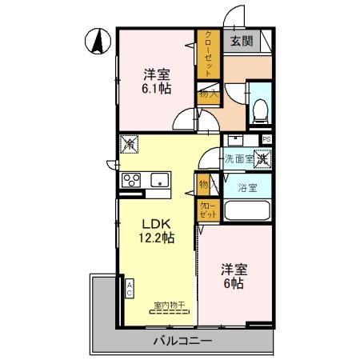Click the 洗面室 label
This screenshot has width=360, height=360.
tap(238, 158)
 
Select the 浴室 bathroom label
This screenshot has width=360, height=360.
tap(247, 188)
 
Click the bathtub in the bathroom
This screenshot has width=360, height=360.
tap(246, 212)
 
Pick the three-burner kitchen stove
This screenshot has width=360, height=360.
tap(131, 181)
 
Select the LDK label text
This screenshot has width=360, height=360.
tap(157, 223)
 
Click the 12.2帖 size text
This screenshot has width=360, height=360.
tap(157, 238)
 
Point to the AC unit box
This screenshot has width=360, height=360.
tap(129, 287)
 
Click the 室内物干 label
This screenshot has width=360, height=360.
tap(170, 305)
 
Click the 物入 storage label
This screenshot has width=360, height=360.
tap(206, 94)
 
